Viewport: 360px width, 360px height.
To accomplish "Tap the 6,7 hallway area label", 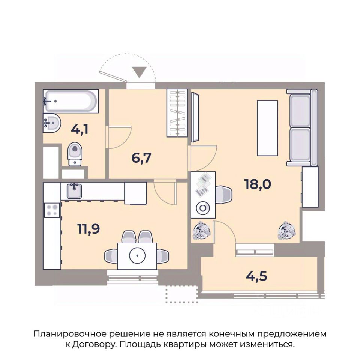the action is point(141,158).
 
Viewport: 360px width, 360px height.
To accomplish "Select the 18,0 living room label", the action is point(258,184).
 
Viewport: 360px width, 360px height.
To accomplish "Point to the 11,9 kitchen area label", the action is point(88,229).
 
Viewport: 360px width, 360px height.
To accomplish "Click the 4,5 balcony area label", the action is point(256,276).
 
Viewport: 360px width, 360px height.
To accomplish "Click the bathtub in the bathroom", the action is point(71,101).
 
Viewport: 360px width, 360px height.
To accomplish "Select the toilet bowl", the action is point(75,154).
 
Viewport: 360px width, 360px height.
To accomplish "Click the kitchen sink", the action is point(74,191).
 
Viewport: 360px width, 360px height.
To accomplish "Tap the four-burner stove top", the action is point(52,210).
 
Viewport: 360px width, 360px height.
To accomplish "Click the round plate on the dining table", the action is point(137,255).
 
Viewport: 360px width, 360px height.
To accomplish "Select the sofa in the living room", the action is point(302,127).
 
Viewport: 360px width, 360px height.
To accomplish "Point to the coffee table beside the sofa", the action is point(267,128).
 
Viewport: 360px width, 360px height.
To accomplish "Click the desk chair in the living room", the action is point(223,195).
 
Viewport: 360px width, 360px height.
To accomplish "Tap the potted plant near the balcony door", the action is point(202,231).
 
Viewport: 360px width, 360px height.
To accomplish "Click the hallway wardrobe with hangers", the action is point(177,113).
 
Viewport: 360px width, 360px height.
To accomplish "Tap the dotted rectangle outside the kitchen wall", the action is point(182,294).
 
